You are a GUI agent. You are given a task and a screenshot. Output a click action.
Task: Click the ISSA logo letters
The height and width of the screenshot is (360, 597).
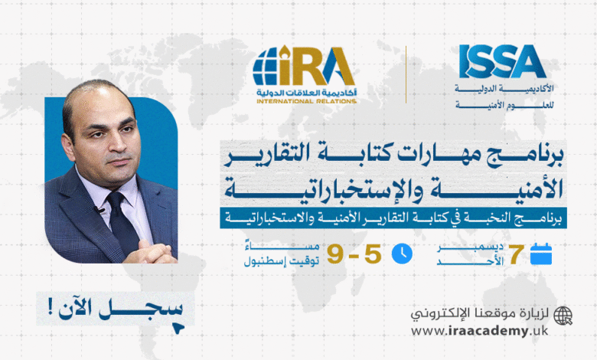coord(502,61)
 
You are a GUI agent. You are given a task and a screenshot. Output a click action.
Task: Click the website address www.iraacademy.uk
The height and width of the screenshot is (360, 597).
coord(480,331)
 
